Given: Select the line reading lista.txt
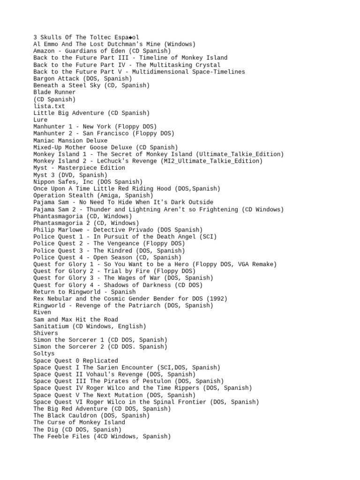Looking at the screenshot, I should click(x=49, y=106).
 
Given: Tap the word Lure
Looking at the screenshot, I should click(x=40, y=120).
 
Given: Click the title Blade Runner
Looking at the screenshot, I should click(x=54, y=92).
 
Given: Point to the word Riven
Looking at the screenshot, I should click(x=42, y=312).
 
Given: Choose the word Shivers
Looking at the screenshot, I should click(x=45, y=333).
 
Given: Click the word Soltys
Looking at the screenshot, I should click(x=44, y=354).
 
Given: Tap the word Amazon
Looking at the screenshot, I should click(x=44, y=51).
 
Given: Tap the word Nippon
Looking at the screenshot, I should click(x=44, y=182).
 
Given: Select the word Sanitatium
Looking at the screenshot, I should click(x=51, y=326).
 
